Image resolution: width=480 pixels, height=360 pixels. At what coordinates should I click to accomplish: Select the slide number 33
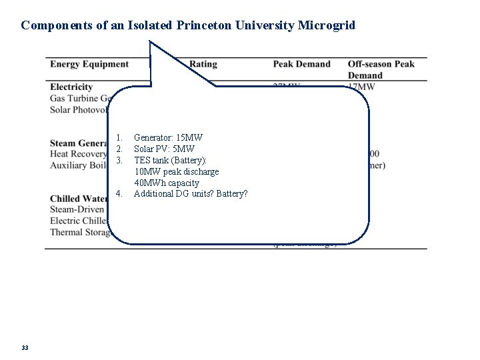pos(25,347)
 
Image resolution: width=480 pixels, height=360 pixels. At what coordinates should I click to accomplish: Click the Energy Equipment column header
pos(89,64)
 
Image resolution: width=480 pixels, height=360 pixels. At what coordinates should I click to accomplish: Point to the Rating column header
pos(203,64)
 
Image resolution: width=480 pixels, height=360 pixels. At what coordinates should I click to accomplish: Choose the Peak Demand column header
pos(301,64)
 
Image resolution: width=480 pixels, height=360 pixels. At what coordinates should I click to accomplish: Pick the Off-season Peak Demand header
pos(381,69)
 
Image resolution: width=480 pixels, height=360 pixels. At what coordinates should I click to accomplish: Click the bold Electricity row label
pos(71,87)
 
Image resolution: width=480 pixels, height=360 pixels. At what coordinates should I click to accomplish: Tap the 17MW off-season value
pos(364,87)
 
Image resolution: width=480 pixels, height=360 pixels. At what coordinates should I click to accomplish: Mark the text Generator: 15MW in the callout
pos(168,137)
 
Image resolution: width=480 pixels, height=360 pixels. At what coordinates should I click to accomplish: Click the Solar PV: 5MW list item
pos(163,149)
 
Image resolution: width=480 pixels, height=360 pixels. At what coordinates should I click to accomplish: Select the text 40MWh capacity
pos(167,183)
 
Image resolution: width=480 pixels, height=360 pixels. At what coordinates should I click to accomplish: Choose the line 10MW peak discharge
pos(176,171)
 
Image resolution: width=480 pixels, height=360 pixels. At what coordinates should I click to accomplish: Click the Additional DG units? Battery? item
pos(191,194)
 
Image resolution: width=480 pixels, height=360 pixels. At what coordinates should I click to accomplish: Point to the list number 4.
pos(118,194)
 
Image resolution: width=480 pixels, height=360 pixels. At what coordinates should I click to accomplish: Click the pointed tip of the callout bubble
pos(151,42)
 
